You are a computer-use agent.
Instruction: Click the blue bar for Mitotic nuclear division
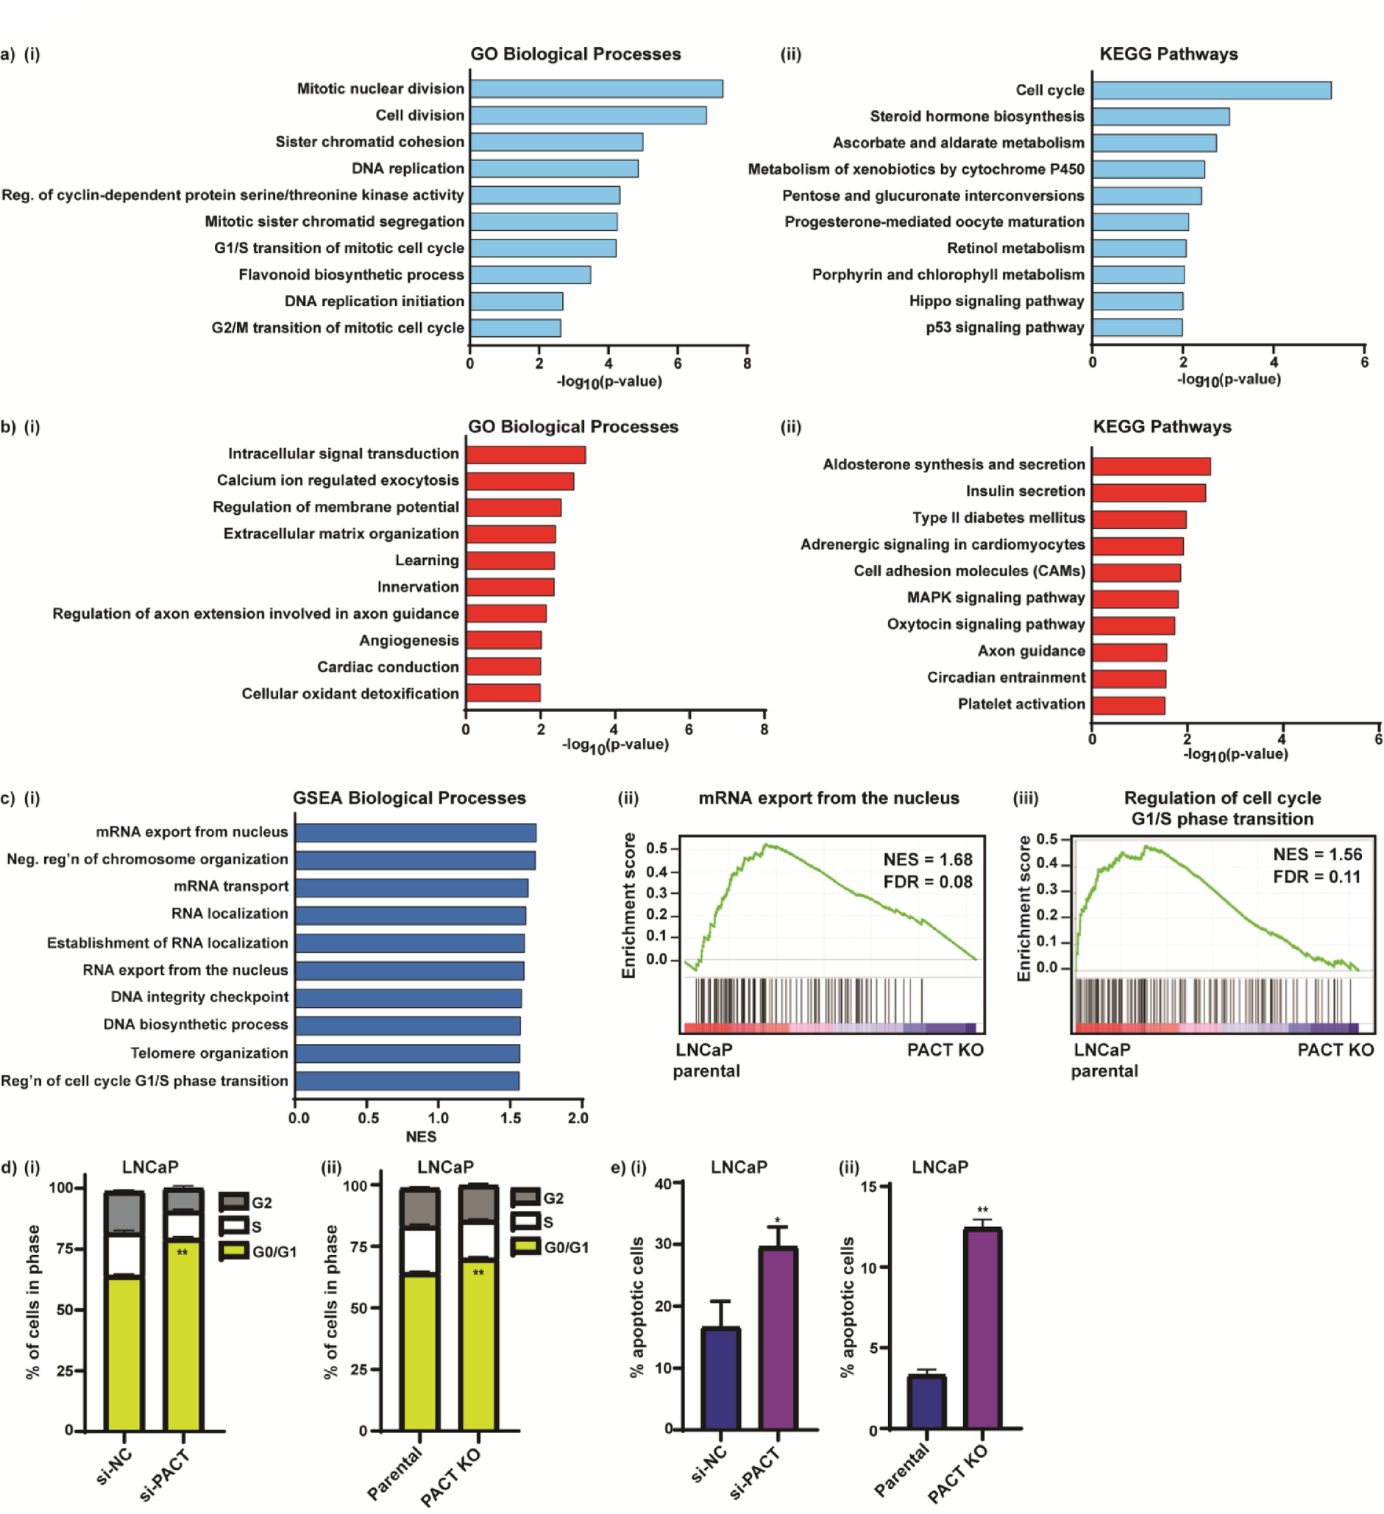(596, 88)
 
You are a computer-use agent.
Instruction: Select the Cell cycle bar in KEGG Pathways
(1210, 90)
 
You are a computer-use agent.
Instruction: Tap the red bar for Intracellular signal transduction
(525, 455)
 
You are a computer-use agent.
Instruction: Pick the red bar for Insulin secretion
(1149, 493)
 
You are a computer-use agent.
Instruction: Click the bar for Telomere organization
(407, 1053)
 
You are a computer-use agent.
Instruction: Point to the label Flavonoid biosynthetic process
(351, 275)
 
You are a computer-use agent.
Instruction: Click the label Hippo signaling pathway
(996, 301)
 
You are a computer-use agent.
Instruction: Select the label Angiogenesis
(408, 641)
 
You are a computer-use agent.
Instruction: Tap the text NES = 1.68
(926, 859)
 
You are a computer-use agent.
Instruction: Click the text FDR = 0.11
(1316, 876)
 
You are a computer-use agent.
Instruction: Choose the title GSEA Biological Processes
(408, 797)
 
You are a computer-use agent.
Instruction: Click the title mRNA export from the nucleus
(828, 797)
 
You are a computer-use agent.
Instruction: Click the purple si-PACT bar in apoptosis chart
(777, 1338)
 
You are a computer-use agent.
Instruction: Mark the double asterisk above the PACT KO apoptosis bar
(982, 1210)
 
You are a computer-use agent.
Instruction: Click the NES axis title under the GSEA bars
(421, 1137)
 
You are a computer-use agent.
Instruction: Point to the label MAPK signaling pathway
(995, 598)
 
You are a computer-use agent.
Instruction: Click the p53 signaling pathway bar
(1136, 327)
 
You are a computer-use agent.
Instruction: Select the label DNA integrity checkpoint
(199, 997)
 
